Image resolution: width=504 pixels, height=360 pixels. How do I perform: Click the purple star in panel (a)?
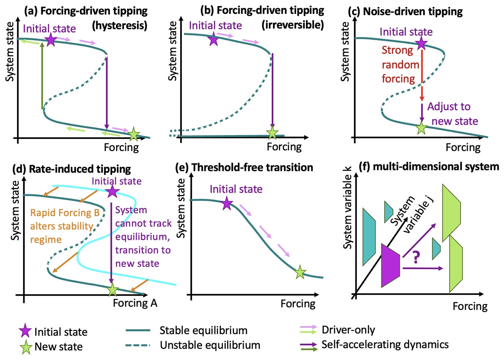pos(51,40)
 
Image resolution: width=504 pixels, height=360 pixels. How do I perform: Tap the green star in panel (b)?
pos(272,133)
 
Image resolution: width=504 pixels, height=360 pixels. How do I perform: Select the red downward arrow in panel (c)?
pos(422,74)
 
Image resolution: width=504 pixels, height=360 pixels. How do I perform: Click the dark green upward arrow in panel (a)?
pos(42,74)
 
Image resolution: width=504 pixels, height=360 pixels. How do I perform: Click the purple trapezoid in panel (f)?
pos(390,265)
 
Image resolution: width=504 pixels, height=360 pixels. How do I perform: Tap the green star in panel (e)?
pos(300,272)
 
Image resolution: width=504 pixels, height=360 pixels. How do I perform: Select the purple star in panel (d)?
pos(112,191)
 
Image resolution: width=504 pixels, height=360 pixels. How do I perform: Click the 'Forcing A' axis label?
pos(135,303)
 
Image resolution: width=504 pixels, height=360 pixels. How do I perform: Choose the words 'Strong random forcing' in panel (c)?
pos(400,65)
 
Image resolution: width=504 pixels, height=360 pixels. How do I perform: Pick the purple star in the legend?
pos(25,331)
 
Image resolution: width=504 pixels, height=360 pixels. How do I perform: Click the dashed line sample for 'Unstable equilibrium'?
pos(138,345)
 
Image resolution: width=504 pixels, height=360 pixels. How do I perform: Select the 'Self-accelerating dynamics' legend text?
pos(385,345)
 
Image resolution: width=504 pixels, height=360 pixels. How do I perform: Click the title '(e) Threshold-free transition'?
pos(244,168)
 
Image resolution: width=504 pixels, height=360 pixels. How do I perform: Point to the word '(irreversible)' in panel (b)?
pos(292,25)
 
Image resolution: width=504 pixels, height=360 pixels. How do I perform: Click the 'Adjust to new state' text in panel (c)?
pos(452,114)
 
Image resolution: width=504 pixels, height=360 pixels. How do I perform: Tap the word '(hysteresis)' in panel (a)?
pos(119,25)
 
